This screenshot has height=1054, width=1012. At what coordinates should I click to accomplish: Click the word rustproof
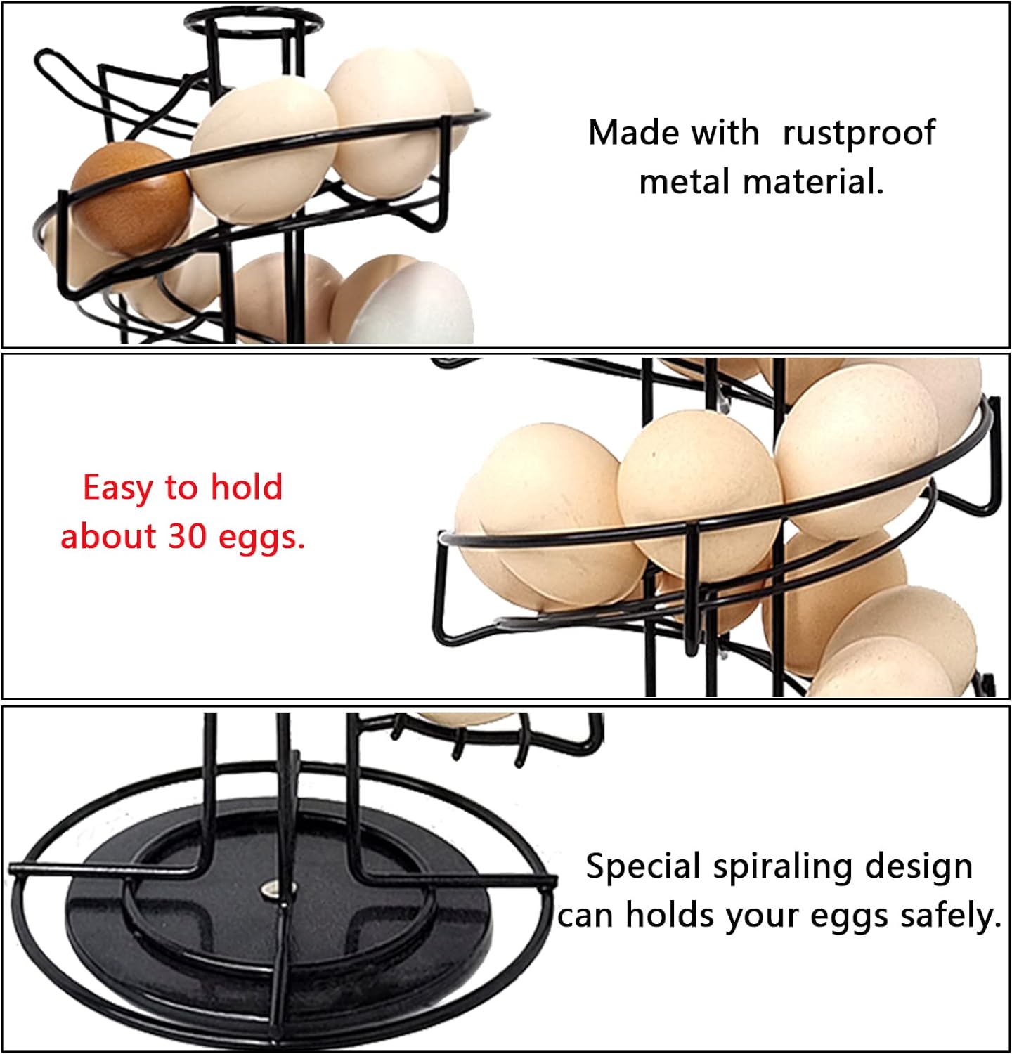(858, 134)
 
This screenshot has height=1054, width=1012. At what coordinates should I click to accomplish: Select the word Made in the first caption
(635, 132)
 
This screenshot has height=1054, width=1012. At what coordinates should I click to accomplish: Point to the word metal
(685, 182)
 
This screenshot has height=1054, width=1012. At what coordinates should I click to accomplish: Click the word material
(812, 182)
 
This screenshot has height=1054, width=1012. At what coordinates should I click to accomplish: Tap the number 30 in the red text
(186, 536)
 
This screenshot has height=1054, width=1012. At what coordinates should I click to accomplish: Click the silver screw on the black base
(269, 892)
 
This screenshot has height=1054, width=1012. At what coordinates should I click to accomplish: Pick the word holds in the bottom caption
(670, 916)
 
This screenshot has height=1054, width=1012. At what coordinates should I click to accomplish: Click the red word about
(108, 536)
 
